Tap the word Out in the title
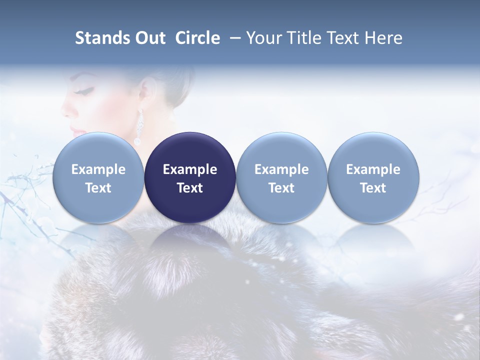[149, 38]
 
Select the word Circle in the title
[197, 38]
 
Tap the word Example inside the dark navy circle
[190, 169]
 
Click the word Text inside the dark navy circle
[190, 188]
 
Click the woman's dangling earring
[138, 125]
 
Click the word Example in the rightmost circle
[373, 169]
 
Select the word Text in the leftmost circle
[98, 188]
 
